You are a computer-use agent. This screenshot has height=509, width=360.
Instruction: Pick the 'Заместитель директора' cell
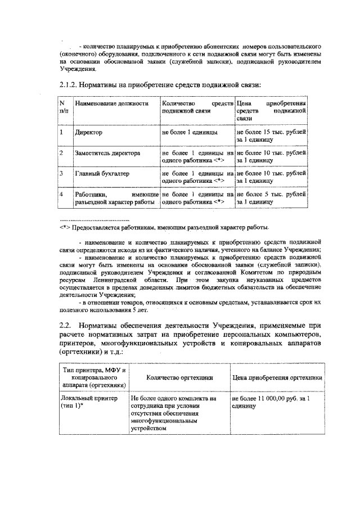click(108, 152)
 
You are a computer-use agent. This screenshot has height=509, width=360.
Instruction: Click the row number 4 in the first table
click(61, 194)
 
